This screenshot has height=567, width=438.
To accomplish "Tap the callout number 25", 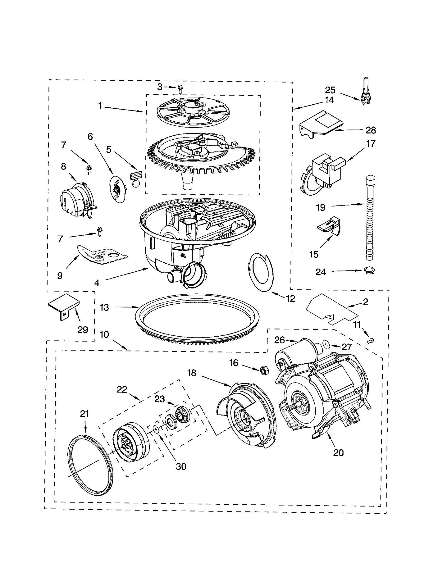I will pos(330,90).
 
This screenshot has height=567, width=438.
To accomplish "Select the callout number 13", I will pos(104,307).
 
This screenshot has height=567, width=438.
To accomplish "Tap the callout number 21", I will pos(84,414).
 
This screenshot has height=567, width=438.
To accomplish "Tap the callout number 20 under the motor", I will pos(338,453).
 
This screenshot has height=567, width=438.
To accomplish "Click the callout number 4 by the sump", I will pos(97,283).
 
